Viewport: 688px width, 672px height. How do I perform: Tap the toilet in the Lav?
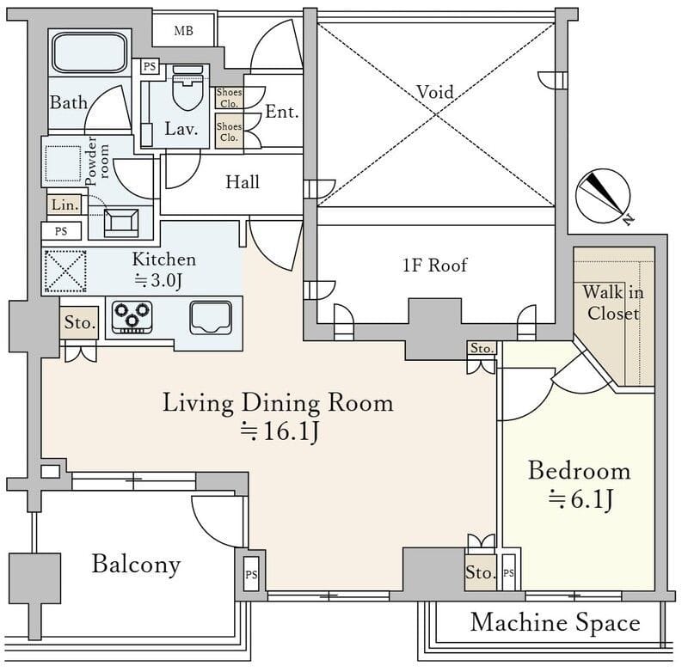187,88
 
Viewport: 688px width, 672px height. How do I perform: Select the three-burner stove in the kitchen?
132,317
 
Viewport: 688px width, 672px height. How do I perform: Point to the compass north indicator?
604,196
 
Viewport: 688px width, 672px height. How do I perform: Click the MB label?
183,31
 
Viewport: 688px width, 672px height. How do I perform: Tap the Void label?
435,92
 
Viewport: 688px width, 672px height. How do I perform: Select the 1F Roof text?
435,266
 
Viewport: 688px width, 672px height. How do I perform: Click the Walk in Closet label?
613,302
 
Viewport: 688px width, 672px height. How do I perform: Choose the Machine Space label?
555,623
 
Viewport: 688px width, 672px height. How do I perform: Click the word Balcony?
136,565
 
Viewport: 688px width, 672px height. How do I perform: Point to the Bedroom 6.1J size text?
580,499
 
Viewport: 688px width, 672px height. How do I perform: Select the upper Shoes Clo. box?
229,98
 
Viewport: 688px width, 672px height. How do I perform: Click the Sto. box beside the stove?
79,322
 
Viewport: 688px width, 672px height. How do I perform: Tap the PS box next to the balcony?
251,574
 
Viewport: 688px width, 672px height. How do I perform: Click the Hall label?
243,182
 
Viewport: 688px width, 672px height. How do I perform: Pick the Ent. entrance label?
282,112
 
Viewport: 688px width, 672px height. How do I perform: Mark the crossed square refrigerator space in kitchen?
65,272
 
